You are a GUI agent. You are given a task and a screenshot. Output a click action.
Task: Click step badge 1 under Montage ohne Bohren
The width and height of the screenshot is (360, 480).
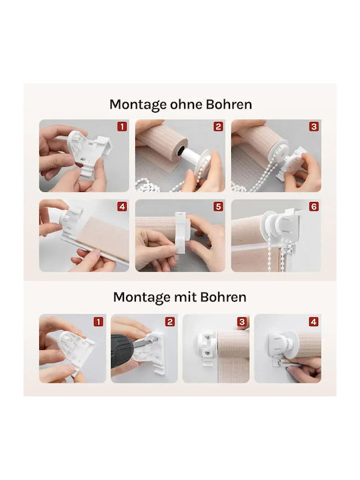(x=122, y=127)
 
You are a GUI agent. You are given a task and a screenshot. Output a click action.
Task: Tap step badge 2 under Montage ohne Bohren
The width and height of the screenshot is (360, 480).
(x=218, y=127)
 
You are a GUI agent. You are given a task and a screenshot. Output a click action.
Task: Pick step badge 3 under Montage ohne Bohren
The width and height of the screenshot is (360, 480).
(x=314, y=127)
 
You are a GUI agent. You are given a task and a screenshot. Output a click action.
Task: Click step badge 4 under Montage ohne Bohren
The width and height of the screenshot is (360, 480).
(x=122, y=207)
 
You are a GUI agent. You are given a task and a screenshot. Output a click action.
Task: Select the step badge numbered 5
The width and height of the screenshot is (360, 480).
(x=218, y=207)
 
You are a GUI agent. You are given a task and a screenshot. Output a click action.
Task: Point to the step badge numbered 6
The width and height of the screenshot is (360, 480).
(x=314, y=207)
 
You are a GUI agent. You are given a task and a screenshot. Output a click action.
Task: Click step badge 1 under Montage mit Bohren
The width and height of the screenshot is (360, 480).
(x=98, y=322)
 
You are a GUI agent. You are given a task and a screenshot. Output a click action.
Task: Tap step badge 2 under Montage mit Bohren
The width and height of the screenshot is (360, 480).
(x=170, y=322)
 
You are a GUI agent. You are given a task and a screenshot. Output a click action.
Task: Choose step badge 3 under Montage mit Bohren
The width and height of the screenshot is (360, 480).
(x=242, y=322)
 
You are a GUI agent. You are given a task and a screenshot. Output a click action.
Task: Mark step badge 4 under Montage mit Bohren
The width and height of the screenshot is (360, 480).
(x=313, y=322)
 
